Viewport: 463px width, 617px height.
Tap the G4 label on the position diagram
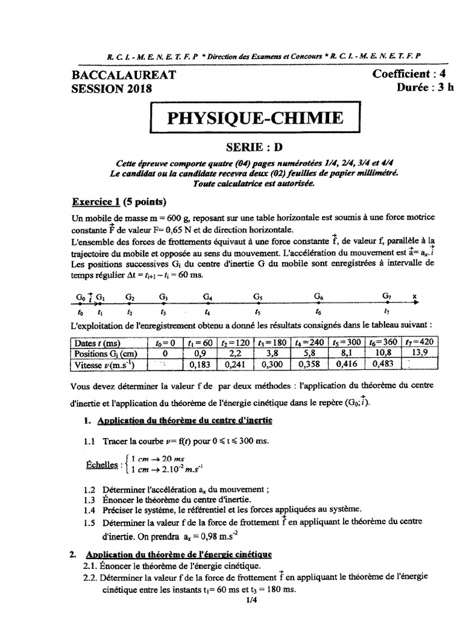[208, 297]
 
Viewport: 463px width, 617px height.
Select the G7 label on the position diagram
[387, 296]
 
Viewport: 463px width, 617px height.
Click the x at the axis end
[414, 296]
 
